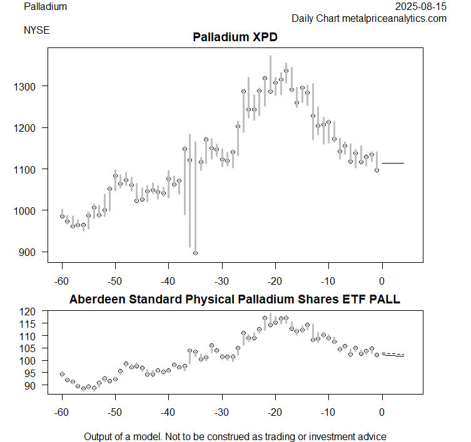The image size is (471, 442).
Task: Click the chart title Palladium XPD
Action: pos(235,37)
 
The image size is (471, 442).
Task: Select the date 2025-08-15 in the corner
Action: pos(422,7)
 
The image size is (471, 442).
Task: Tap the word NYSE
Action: pos(37,29)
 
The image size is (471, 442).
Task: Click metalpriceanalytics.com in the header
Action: pos(394,19)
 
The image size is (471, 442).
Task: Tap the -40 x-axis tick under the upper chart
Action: pos(168,279)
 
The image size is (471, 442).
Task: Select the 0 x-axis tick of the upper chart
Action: pos(382,279)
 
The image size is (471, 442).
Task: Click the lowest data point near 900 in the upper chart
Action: pos(195,253)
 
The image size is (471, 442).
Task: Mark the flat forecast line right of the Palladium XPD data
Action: pos(393,163)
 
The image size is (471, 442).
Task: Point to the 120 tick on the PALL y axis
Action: pos(33,311)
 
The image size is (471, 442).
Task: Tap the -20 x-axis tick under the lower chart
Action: pos(275,413)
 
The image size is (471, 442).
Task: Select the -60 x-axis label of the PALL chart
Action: pos(62,413)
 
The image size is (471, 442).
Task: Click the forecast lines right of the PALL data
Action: pos(393,355)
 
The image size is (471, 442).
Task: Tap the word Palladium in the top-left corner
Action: pos(45,7)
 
